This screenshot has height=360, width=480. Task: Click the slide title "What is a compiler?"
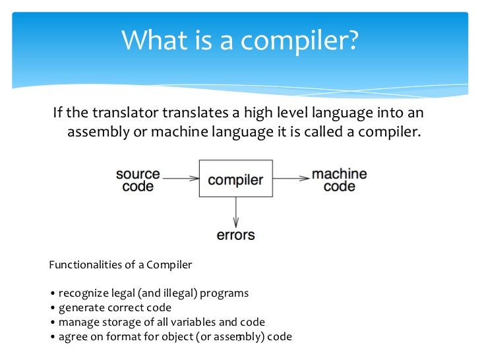(240, 41)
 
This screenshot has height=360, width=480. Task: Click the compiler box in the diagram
(235, 179)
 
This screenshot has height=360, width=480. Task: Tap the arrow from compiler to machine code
(291, 178)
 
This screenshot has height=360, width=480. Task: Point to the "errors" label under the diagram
(235, 235)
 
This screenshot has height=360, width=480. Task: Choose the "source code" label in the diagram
(138, 180)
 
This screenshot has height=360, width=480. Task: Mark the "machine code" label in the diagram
(339, 180)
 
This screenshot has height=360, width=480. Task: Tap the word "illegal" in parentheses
(160, 293)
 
